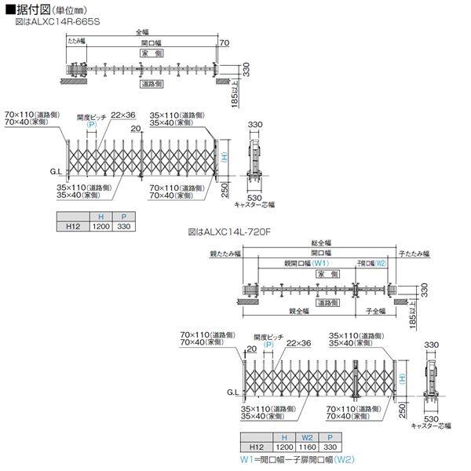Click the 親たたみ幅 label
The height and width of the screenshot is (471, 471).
point(226,254)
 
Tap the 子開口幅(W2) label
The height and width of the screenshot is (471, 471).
point(372,263)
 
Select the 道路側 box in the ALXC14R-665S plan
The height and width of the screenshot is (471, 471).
point(152,82)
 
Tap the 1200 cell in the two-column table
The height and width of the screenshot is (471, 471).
point(100,226)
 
